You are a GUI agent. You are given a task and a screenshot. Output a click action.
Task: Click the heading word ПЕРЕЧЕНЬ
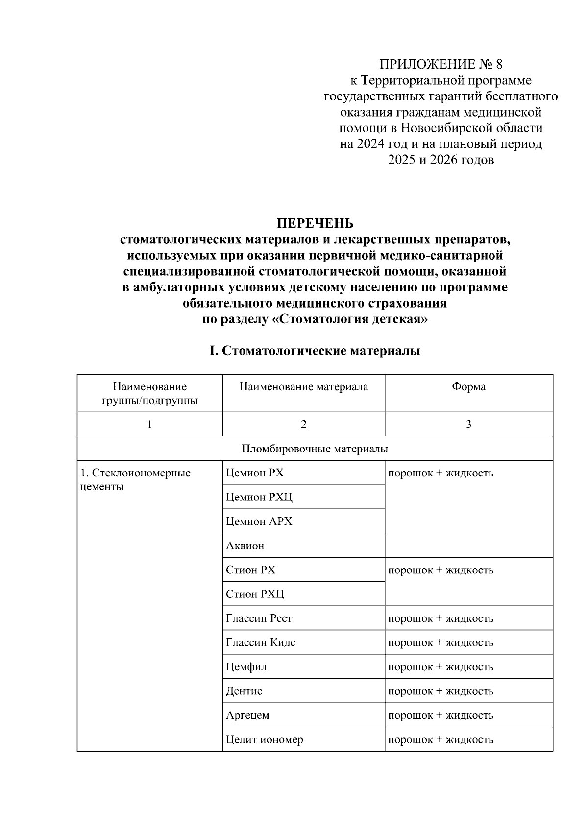[x=315, y=224]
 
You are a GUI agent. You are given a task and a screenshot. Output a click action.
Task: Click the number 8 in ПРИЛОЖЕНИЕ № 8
[x=499, y=64]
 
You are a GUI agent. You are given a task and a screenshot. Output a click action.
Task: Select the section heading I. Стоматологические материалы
[x=315, y=351]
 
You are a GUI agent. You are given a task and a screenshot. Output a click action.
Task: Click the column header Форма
[x=468, y=387]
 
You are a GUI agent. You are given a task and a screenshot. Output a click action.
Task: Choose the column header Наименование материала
[x=303, y=387]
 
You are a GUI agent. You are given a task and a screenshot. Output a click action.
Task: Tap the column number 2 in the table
[x=303, y=425]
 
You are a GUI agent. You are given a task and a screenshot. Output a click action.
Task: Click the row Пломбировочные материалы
[x=315, y=449]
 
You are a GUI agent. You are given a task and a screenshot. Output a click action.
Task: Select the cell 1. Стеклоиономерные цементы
[x=135, y=479]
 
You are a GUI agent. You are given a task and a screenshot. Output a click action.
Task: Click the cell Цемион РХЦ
[x=259, y=497]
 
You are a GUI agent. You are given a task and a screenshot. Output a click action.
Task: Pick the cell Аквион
[x=245, y=546]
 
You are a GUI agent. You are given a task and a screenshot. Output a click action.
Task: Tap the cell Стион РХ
[x=250, y=570]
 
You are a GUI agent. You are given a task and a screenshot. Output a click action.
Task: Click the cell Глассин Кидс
[x=260, y=642]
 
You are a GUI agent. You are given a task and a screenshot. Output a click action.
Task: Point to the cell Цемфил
[x=246, y=667]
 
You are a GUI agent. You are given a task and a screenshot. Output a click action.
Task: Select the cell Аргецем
[x=247, y=715]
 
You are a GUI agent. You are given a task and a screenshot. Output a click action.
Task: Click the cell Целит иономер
[x=264, y=739]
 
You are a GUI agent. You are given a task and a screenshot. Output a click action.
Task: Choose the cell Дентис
[x=244, y=691]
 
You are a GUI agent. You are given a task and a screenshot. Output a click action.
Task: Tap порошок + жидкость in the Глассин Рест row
[x=441, y=618]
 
